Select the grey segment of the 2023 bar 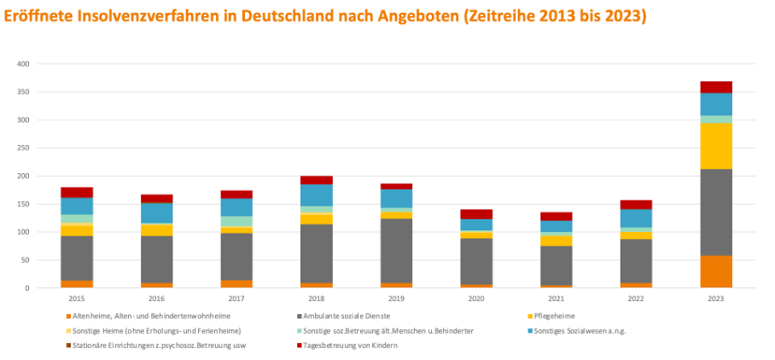pyautogui.click(x=715, y=218)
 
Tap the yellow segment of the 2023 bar pyautogui.click(x=715, y=146)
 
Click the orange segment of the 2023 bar pyautogui.click(x=715, y=271)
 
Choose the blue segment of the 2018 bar pyautogui.click(x=315, y=195)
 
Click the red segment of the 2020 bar pyautogui.click(x=476, y=214)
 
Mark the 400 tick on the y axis pyautogui.click(x=23, y=64)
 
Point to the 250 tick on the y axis pyautogui.click(x=23, y=148)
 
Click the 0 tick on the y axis pyautogui.click(x=27, y=288)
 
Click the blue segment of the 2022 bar pyautogui.click(x=637, y=218)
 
